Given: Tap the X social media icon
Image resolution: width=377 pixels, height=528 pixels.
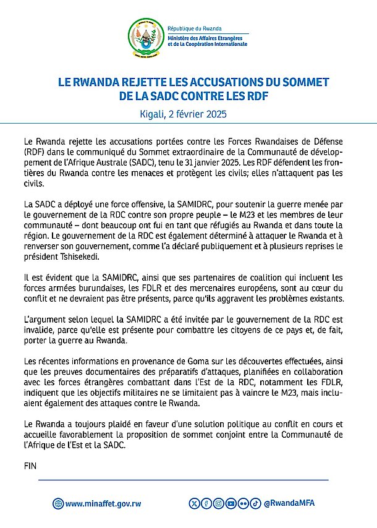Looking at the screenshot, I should click(196, 503).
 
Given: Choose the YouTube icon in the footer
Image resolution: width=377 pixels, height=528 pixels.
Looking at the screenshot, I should click(231, 503).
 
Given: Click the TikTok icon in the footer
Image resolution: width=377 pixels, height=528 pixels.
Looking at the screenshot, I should click(255, 503).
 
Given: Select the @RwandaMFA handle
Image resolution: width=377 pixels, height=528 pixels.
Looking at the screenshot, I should click(289, 503).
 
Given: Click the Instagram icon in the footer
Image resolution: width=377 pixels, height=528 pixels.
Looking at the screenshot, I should click(219, 503).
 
